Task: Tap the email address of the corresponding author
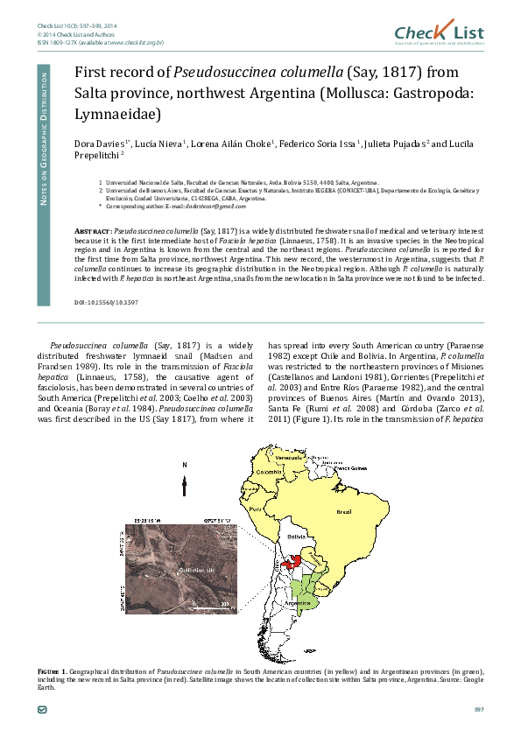(214, 206)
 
